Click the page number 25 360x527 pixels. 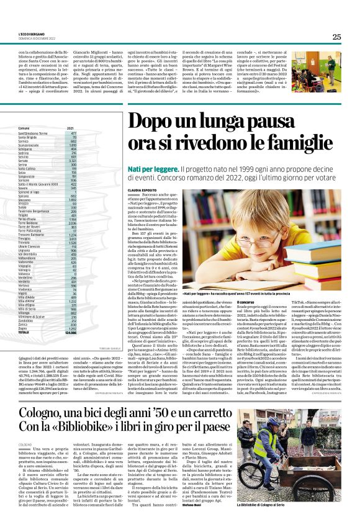336,37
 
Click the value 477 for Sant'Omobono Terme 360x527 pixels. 73,133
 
